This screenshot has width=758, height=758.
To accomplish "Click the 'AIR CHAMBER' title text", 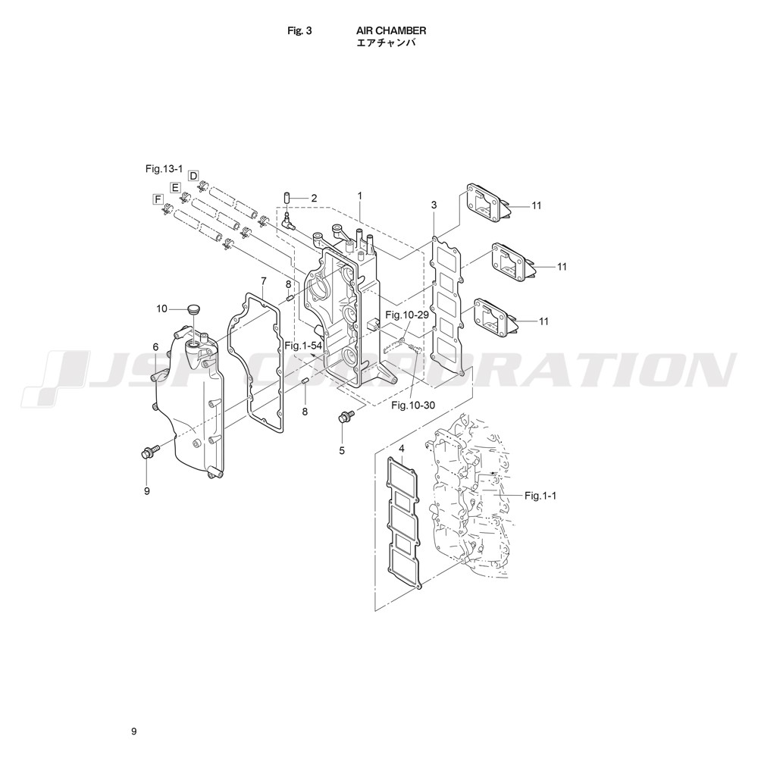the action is point(391,30).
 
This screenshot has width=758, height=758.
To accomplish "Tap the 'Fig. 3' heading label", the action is point(299,30).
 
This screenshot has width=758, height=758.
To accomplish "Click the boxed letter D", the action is point(193,175).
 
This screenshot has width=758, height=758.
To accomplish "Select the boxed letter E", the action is point(175,187).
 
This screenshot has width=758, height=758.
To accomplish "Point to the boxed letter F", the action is point(157,199).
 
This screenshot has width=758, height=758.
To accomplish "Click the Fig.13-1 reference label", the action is point(164,168).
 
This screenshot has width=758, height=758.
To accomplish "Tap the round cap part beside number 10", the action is point(194,309).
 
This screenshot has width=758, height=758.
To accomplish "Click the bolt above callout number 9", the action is point(149,452).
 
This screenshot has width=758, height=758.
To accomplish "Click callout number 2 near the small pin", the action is point(314,198).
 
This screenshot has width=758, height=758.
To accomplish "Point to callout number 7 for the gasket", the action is point(264,280).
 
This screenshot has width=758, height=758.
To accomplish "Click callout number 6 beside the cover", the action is point(155,346).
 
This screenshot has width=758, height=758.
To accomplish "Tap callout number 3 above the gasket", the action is point(434,205).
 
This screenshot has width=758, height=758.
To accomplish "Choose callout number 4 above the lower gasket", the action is point(401,449).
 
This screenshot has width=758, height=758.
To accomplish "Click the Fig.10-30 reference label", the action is point(413,405).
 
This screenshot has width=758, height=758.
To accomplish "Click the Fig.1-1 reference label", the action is point(540,496).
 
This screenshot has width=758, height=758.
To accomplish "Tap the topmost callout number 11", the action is point(536,205).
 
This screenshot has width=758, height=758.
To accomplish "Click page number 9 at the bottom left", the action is point(133,731).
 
